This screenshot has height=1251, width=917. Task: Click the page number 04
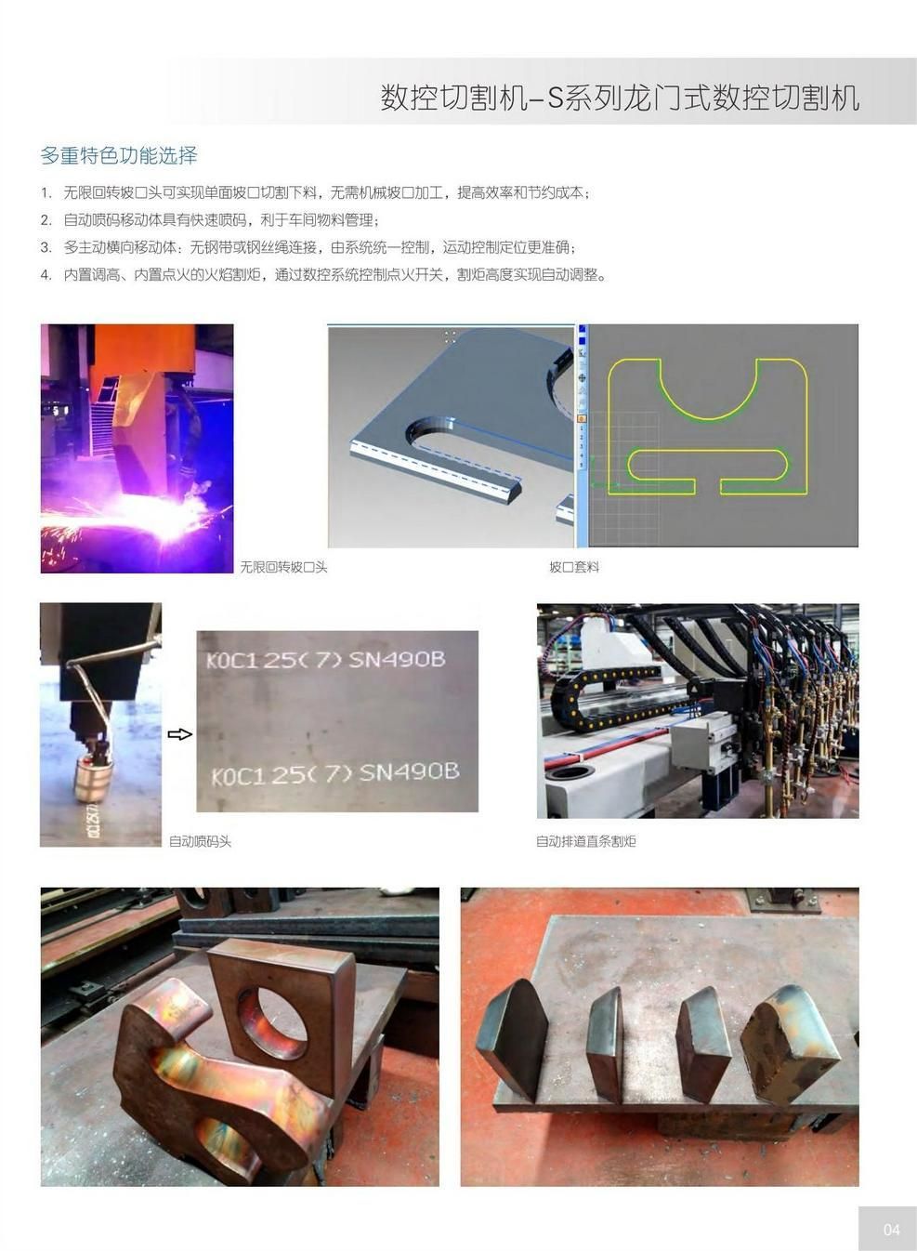tap(891, 1230)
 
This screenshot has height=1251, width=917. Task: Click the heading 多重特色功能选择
tap(119, 155)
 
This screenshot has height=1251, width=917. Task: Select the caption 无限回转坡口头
tap(283, 567)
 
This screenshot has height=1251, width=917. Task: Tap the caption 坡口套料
tap(573, 567)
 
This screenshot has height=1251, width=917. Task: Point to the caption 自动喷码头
tap(200, 841)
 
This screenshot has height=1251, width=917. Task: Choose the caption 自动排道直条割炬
tap(585, 841)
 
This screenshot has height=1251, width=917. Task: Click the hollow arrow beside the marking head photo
tap(179, 734)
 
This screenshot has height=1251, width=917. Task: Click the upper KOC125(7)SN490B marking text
tap(325, 659)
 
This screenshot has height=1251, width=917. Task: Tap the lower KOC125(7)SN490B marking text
tap(334, 772)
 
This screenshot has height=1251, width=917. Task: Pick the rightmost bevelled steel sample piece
tap(790, 1046)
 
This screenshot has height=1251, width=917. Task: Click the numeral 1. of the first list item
tap(46, 193)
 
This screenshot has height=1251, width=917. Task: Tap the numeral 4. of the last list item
tap(46, 275)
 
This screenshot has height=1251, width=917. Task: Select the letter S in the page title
tap(556, 98)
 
